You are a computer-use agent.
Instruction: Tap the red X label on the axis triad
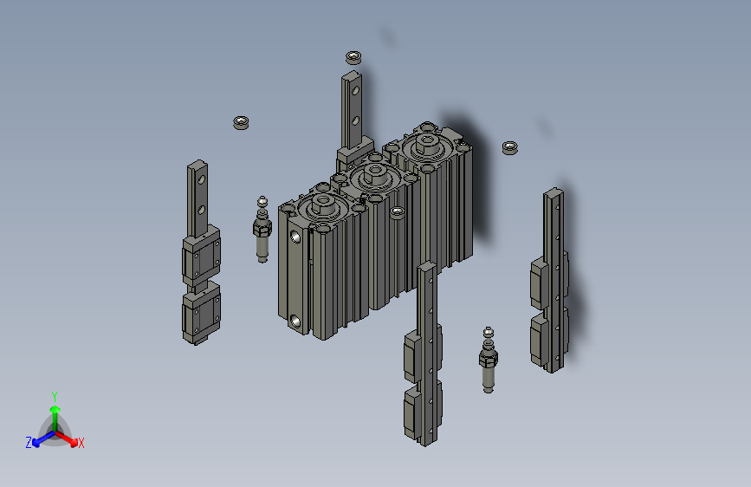[81, 443]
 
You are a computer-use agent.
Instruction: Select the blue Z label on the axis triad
[29, 442]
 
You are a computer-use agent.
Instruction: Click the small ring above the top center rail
[353, 58]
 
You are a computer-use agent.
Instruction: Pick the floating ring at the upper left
[242, 121]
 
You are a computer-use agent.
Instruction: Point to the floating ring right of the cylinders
[510, 147]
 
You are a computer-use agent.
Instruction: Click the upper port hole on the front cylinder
[297, 235]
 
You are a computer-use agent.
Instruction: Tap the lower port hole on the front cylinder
[299, 321]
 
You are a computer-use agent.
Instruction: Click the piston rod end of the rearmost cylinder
[426, 141]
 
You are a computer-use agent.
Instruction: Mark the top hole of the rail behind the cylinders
[353, 87]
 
